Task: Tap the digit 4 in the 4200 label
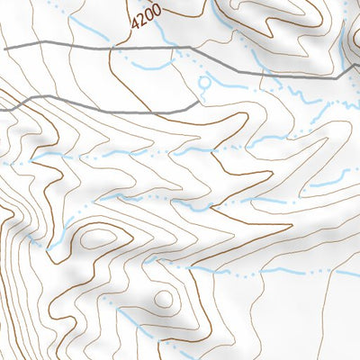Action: click(134, 24)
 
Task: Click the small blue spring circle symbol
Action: click(205, 82)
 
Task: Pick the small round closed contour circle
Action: click(163, 298)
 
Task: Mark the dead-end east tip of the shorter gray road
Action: click(199, 103)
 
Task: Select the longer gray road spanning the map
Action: click(180, 47)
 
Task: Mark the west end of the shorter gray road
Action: click(2, 109)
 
